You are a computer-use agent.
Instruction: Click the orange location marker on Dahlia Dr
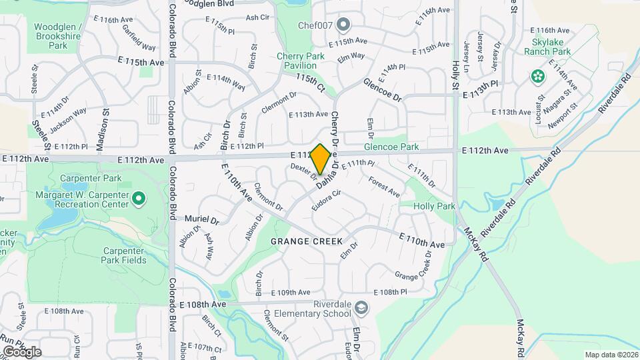(x=320, y=159)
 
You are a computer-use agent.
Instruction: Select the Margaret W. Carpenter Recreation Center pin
(x=139, y=198)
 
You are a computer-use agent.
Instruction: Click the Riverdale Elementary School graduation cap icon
(x=361, y=308)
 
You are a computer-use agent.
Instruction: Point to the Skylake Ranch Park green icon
(x=537, y=77)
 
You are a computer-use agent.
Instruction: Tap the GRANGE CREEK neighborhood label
(x=306, y=241)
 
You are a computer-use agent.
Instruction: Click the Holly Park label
(x=434, y=207)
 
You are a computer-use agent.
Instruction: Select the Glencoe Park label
(x=391, y=147)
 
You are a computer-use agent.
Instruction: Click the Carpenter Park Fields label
(x=125, y=255)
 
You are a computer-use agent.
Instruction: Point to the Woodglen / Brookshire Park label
(x=58, y=37)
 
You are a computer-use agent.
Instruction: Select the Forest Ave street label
(x=384, y=187)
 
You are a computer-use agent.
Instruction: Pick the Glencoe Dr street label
(x=383, y=89)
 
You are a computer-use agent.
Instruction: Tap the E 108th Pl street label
(x=390, y=292)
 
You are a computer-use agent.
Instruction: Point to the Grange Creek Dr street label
(x=413, y=266)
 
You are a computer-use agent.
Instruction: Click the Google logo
(x=21, y=351)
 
